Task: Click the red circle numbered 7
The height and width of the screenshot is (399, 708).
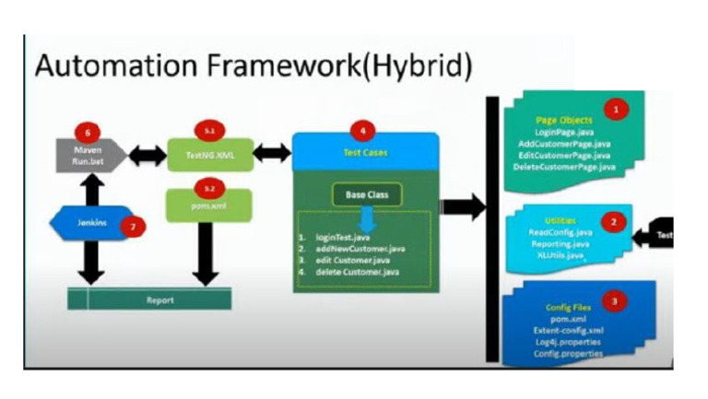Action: [136, 226]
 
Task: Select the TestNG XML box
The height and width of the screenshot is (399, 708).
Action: [208, 154]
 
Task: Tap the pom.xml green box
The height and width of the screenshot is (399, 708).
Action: [208, 205]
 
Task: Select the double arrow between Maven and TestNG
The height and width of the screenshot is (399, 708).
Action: [146, 154]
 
